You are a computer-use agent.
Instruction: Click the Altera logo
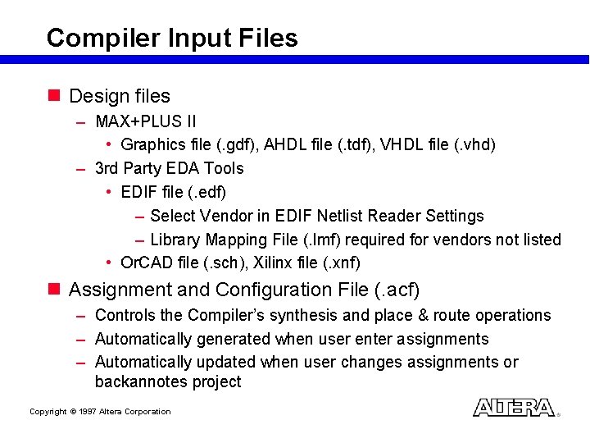[x=514, y=408]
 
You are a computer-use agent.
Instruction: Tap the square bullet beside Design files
[x=54, y=96]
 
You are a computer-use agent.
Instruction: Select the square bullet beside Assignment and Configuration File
[x=54, y=290]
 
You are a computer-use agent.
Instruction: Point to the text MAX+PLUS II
[x=146, y=121]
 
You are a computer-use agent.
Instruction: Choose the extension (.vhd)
[x=474, y=144]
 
